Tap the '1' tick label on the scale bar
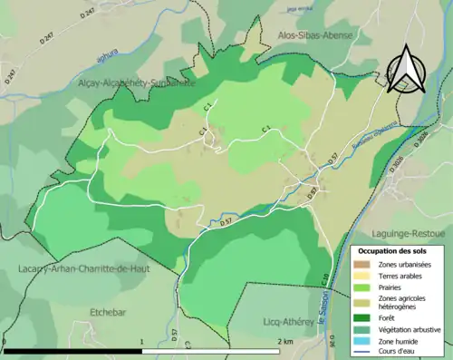click(143, 342)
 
